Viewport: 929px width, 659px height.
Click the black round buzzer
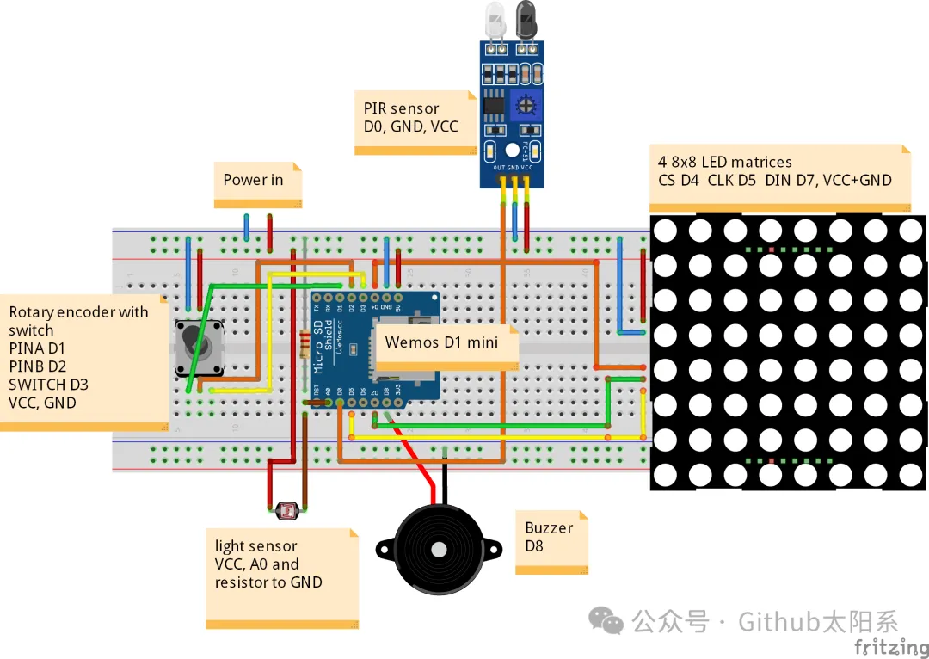point(438,548)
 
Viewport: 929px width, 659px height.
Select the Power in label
point(253,180)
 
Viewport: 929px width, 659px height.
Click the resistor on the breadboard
point(304,344)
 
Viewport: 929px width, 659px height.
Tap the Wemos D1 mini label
point(440,342)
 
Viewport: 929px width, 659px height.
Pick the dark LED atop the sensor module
point(526,20)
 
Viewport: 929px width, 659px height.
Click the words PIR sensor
point(401,108)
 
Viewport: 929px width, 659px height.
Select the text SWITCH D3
point(48,385)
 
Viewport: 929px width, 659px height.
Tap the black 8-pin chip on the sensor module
point(493,103)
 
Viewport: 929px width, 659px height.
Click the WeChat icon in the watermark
point(606,620)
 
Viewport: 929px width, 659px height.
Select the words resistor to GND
point(268,582)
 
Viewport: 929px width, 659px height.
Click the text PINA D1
point(37,348)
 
